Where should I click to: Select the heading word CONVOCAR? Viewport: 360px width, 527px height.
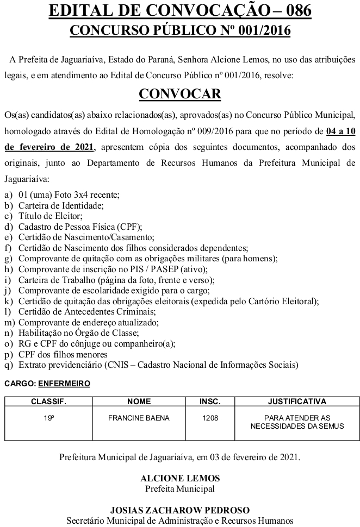(x=180, y=94)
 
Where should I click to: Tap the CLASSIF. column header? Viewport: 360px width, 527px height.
(x=48, y=401)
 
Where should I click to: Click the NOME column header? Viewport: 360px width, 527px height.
(x=139, y=401)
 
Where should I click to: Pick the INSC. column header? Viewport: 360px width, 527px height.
(x=210, y=401)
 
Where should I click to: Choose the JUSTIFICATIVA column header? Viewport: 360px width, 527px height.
(x=297, y=401)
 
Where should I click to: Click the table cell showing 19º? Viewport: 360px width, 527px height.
(x=48, y=418)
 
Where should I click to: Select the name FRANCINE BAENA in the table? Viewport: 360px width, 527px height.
(x=139, y=418)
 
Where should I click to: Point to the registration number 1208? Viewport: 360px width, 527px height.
(x=210, y=418)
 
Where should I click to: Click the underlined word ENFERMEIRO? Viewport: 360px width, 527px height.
(x=64, y=384)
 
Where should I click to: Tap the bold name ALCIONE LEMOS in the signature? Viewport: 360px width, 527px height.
(x=180, y=479)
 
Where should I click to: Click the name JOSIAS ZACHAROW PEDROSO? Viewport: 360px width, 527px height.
(x=180, y=510)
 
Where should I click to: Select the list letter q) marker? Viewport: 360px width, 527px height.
(x=8, y=365)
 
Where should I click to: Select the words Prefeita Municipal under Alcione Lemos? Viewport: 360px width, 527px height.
(x=180, y=488)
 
